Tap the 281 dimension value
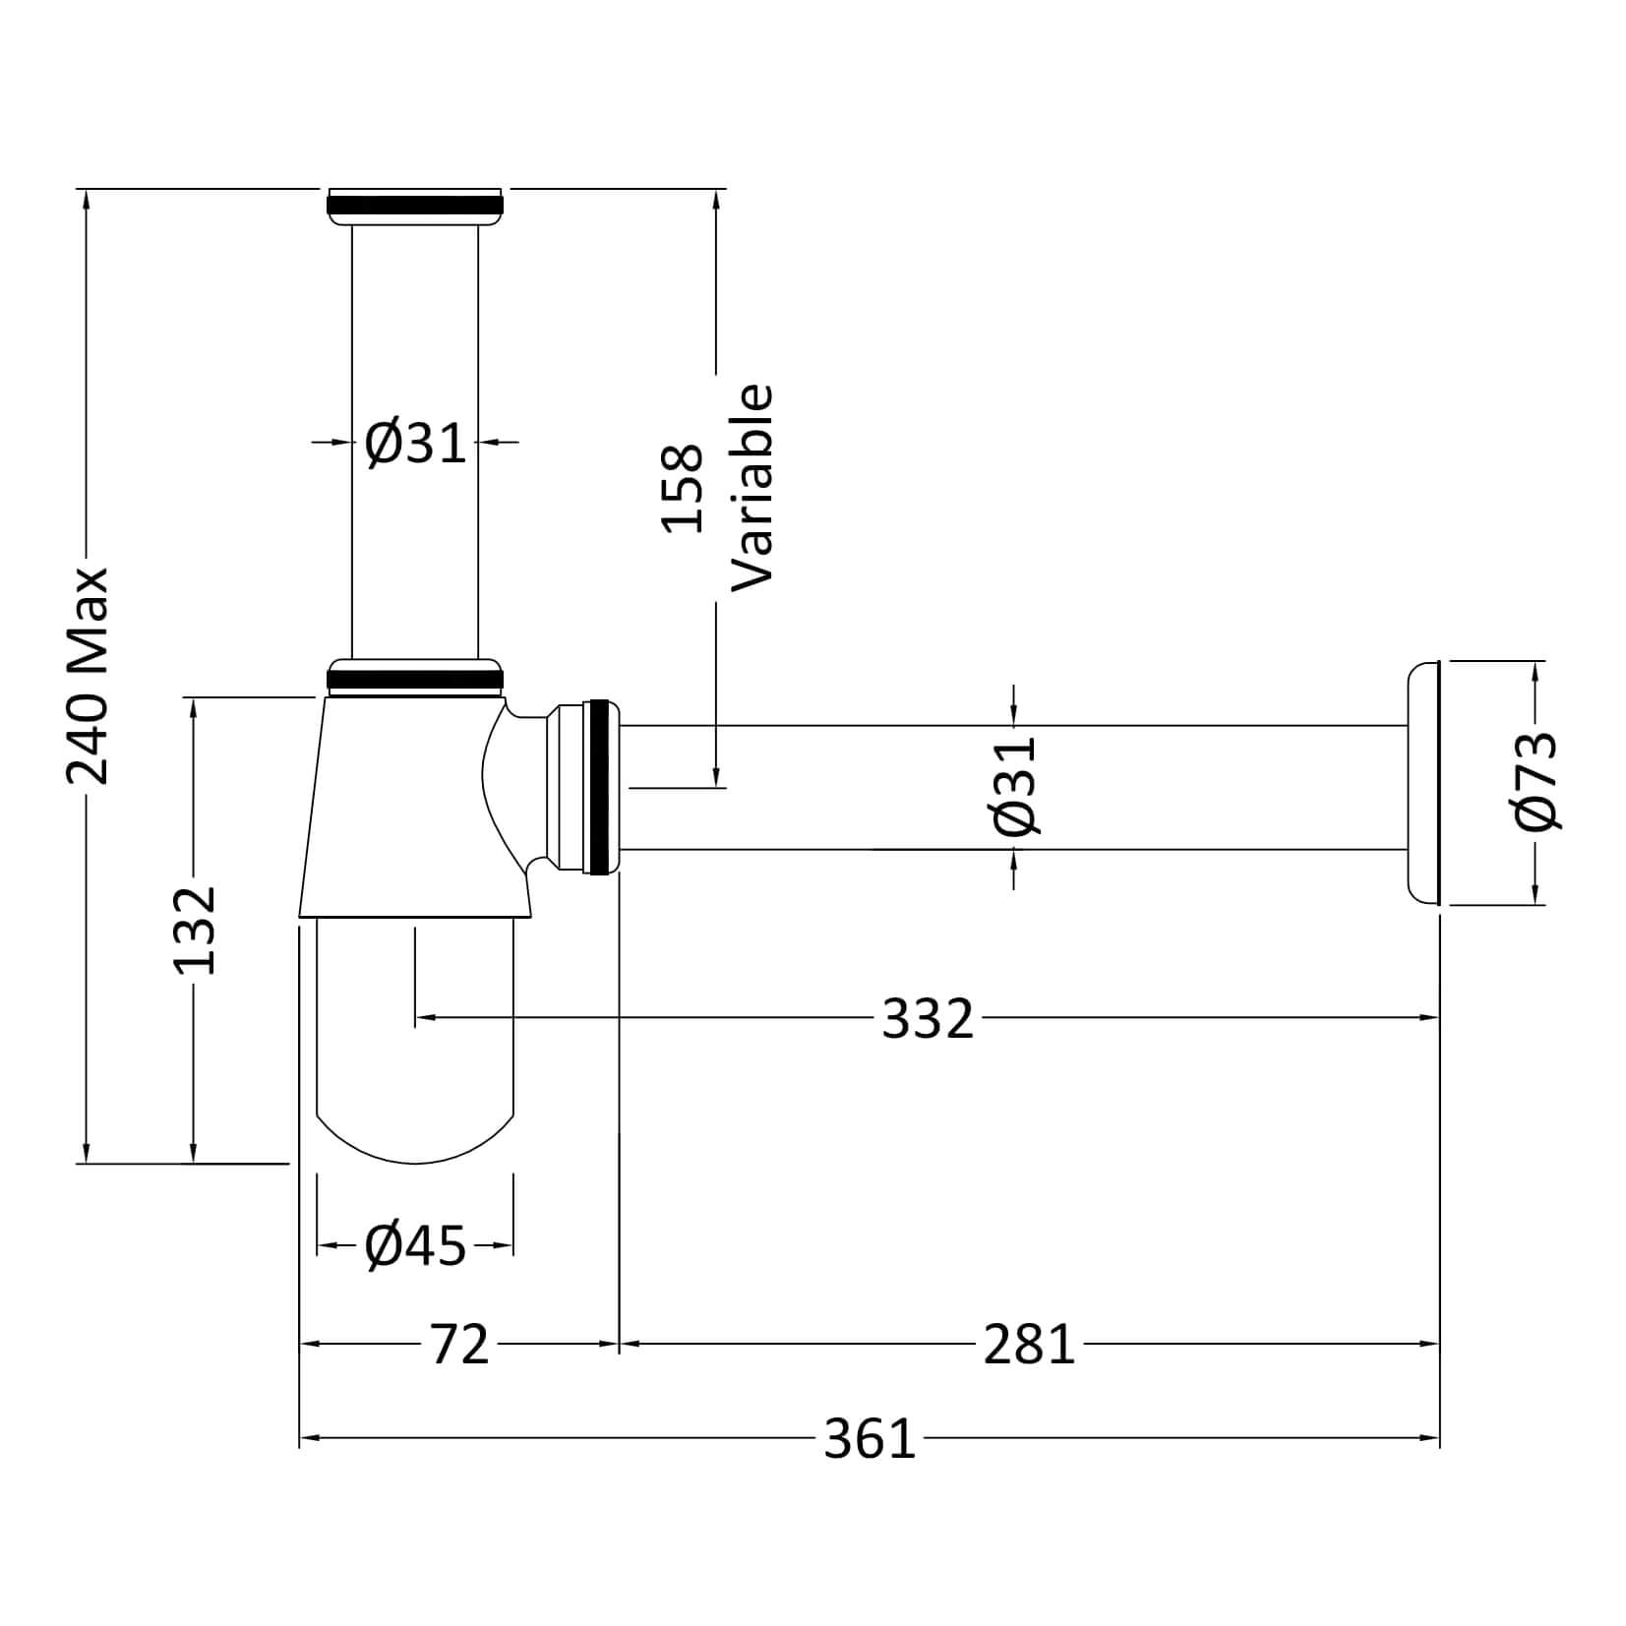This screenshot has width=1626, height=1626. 1029,1344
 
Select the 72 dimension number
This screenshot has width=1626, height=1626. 459,1344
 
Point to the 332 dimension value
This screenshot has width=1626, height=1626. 927,1018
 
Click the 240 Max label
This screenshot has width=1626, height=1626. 88,676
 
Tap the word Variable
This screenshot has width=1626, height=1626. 753,488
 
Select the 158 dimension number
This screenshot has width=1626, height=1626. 682,488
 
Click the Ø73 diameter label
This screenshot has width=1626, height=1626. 1536,781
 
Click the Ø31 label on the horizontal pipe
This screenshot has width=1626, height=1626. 1015,785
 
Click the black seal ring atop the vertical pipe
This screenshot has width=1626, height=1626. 414,204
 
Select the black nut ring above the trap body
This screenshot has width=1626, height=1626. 414,678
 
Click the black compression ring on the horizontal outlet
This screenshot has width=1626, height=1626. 597,786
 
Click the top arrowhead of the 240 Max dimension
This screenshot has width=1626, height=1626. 88,198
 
